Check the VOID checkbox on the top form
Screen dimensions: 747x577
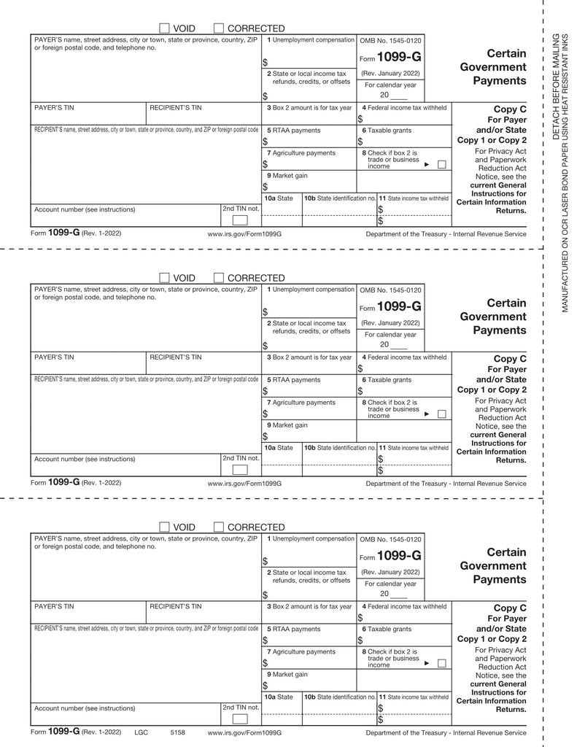pyautogui.click(x=165, y=28)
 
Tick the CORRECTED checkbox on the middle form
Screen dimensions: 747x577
pyautogui.click(x=220, y=278)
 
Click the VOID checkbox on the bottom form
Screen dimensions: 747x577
pyautogui.click(x=165, y=527)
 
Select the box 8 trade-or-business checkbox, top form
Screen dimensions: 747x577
pyautogui.click(x=441, y=165)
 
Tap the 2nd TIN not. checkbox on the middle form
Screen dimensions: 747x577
pyautogui.click(x=240, y=470)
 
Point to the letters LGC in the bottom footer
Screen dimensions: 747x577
pyautogui.click(x=141, y=732)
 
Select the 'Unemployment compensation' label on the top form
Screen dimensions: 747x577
pyautogui.click(x=314, y=39)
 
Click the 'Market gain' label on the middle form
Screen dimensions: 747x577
pyautogui.click(x=290, y=425)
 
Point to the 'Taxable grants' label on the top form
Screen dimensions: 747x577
pyautogui.click(x=390, y=131)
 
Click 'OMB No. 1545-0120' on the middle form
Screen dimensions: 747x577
pyautogui.click(x=390, y=290)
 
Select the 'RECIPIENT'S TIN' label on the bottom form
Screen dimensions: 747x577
pyautogui.click(x=175, y=606)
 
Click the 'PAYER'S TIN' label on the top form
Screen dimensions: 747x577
pyautogui.click(x=54, y=108)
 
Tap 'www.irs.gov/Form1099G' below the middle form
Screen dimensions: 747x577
pyautogui.click(x=244, y=484)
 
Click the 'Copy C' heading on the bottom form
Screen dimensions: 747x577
pyautogui.click(x=510, y=608)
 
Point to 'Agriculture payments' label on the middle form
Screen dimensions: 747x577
pyautogui.click(x=304, y=403)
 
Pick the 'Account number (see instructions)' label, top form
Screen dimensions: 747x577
pyautogui.click(x=85, y=209)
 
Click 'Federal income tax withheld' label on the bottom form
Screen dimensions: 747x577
pyautogui.click(x=408, y=607)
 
